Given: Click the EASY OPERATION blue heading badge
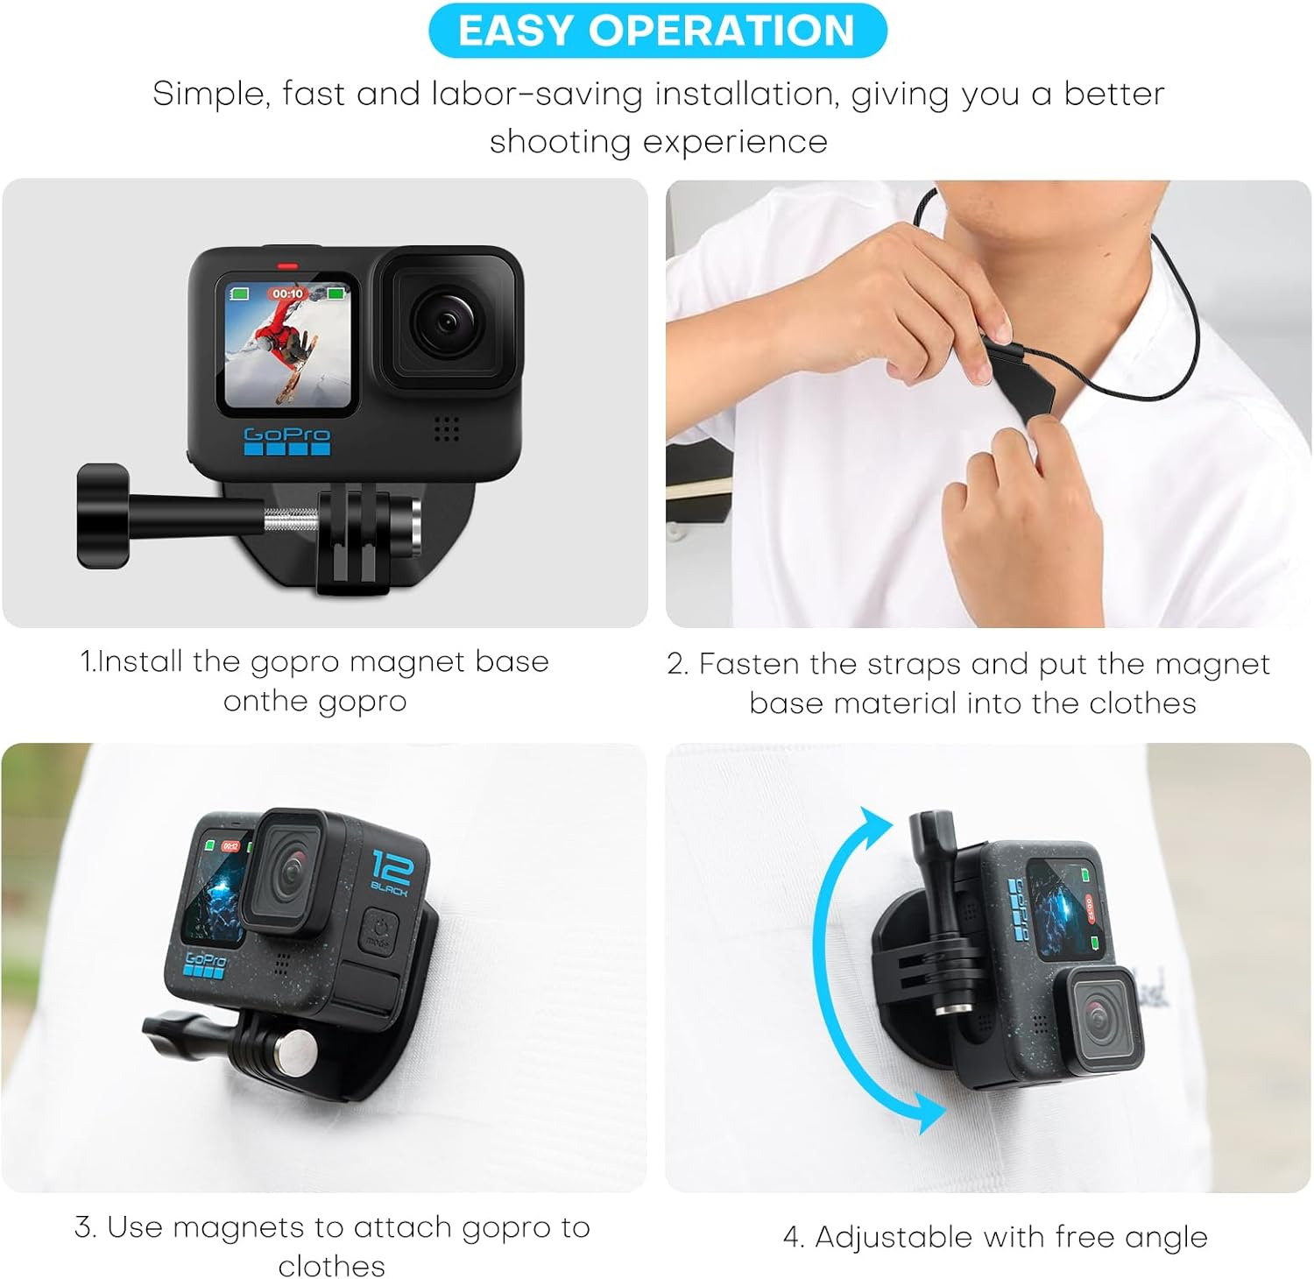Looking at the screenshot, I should point(657,31).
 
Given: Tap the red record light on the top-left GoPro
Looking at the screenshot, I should point(287,264).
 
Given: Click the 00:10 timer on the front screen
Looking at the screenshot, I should point(287,294).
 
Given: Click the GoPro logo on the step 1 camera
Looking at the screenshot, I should point(286,435).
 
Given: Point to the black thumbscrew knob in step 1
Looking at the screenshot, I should point(102,516).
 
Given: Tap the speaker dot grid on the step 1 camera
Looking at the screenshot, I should point(447,429).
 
